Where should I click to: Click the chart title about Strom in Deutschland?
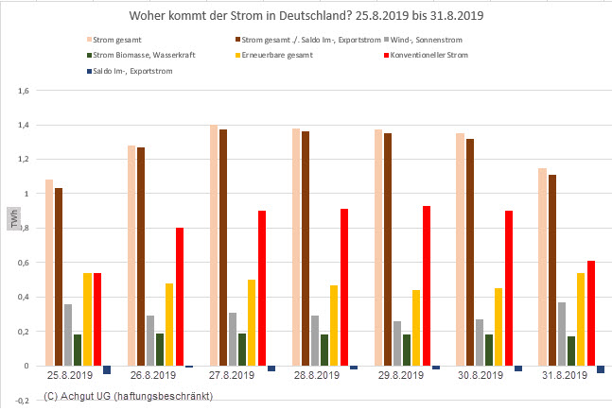pos(306,18)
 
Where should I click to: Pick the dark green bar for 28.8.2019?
pos(324,350)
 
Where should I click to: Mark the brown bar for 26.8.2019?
pos(141,256)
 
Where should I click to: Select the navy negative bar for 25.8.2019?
pos(107,370)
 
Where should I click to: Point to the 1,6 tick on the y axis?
pos(24,91)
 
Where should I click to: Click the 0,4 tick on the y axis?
pos(24,297)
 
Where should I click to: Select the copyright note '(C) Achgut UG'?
pos(128,396)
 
